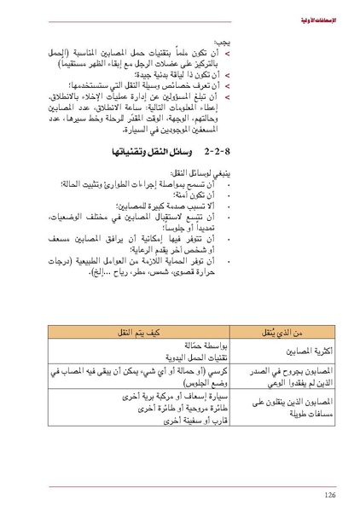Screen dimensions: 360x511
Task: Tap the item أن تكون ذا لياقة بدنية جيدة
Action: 184,75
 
